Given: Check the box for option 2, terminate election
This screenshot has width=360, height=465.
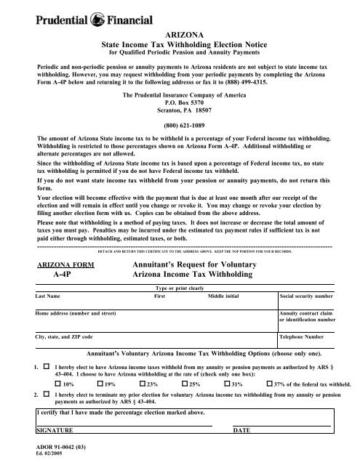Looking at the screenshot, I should tap(46, 393).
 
